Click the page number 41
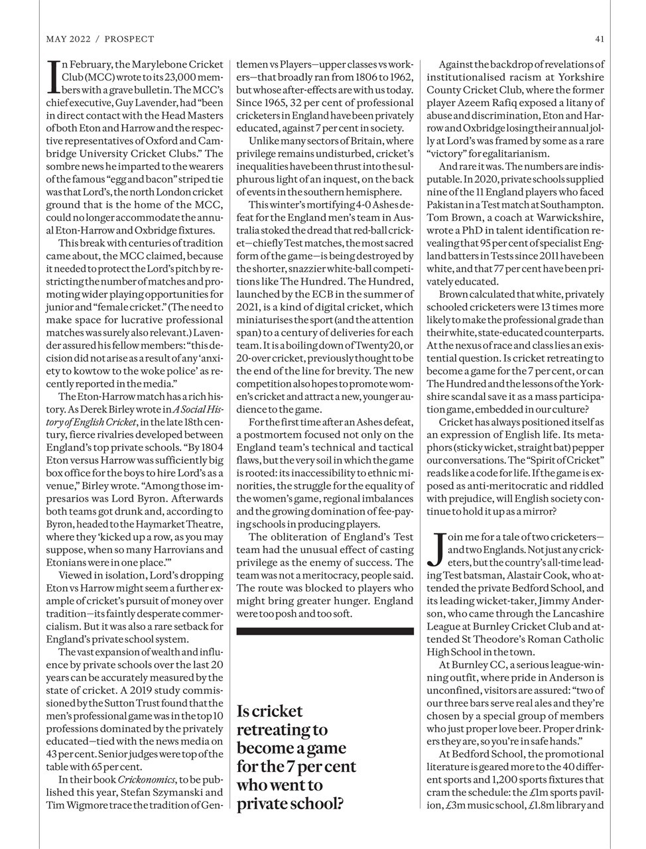tap(600, 39)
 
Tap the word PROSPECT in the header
tap(129, 39)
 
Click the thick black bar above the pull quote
tap(325, 632)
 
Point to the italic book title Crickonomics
tap(145, 779)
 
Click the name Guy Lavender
tap(148, 103)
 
